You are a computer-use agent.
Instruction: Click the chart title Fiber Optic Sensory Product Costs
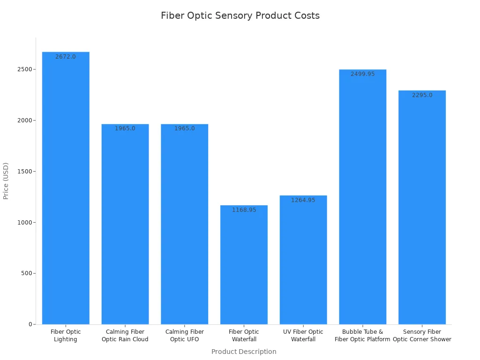coord(240,15)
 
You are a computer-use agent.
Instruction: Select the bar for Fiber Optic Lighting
coord(66,187)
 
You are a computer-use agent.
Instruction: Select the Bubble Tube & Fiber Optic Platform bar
coord(363,197)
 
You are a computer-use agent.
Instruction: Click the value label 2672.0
coord(66,57)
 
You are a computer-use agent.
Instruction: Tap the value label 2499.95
coord(363,74)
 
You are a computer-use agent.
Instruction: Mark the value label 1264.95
coord(303,200)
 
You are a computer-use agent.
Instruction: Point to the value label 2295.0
coord(422,95)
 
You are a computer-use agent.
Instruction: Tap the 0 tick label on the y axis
coord(30,324)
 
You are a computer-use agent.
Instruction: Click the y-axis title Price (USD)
coord(6,181)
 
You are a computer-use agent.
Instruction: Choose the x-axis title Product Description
coord(244,352)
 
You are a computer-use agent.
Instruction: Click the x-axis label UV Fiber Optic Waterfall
coord(303,336)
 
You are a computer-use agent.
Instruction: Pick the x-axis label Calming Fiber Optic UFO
coord(185,336)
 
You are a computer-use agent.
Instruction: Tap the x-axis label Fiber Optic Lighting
coord(66,336)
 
